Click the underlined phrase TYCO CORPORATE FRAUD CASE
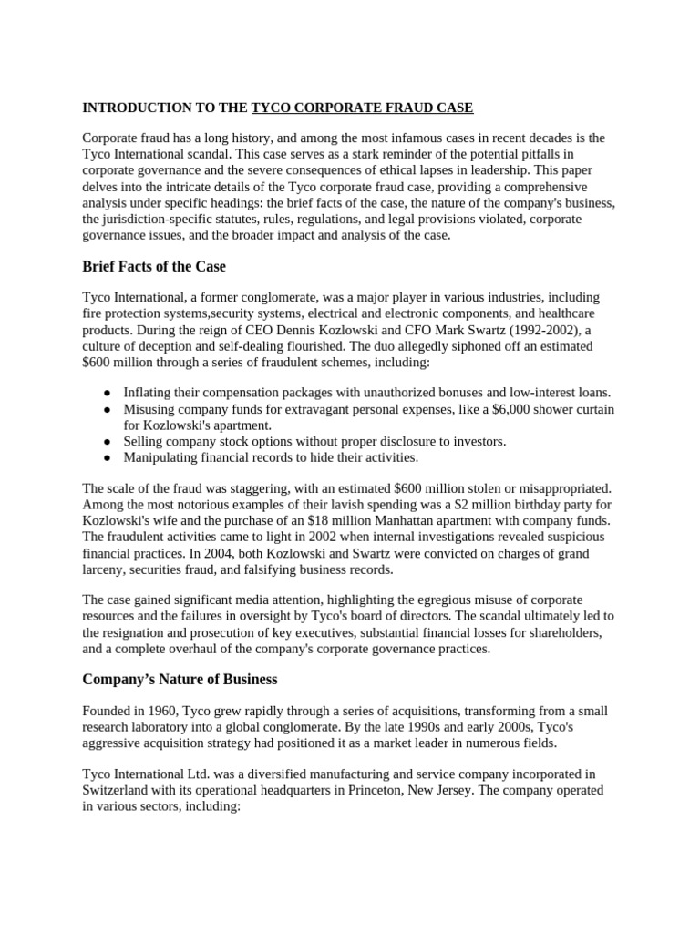pyautogui.click(x=362, y=108)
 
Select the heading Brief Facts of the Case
pyautogui.click(x=154, y=266)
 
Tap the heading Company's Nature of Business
pyautogui.click(x=180, y=679)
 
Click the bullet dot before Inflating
pyautogui.click(x=107, y=393)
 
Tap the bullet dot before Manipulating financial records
pyautogui.click(x=107, y=457)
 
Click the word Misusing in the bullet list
pyautogui.click(x=149, y=409)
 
